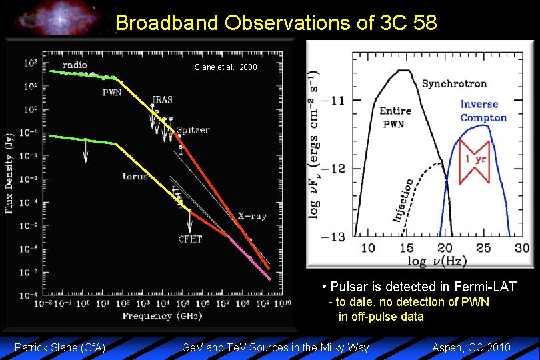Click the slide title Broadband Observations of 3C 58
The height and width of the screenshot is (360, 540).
tap(276, 23)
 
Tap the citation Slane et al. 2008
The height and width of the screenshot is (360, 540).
tap(225, 68)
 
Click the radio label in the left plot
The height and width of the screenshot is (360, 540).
tap(74, 65)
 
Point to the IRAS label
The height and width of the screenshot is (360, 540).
tap(162, 100)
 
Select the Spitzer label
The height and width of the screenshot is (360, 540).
tap(193, 130)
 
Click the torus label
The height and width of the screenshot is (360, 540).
tap(135, 177)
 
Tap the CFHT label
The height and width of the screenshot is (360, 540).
tap(190, 239)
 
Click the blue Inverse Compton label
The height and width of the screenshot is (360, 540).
tap(483, 111)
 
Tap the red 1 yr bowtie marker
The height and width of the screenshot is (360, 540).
tap(475, 159)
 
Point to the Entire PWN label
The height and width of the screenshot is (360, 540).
tap(395, 117)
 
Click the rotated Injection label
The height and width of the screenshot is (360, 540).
tap(402, 200)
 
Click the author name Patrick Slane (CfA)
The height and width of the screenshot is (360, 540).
tap(60, 347)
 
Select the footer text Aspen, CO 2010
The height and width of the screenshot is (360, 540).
tap(471, 347)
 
